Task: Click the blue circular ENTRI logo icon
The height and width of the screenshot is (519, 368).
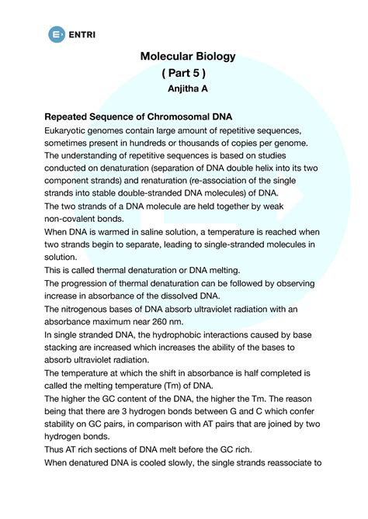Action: pyautogui.click(x=56, y=34)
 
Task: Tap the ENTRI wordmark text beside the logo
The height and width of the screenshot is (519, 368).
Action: pyautogui.click(x=84, y=34)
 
